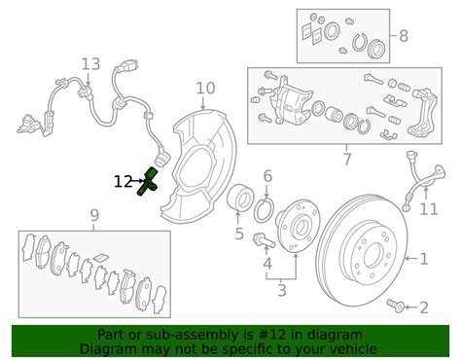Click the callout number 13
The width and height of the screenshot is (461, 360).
click(x=90, y=64)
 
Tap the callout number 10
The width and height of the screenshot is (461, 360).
click(x=205, y=89)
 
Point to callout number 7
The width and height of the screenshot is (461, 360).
click(x=346, y=158)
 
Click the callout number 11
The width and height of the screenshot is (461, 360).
click(x=429, y=209)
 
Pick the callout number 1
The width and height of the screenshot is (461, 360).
click(x=423, y=259)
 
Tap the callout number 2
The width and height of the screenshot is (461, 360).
click(x=423, y=308)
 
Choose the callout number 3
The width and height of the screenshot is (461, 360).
click(x=282, y=289)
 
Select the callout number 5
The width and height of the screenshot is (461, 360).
click(x=238, y=234)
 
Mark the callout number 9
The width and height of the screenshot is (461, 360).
click(x=93, y=214)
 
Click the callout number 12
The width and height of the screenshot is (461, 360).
click(x=123, y=181)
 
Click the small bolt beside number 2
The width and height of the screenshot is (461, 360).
click(x=395, y=306)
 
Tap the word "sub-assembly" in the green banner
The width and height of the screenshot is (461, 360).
click(x=187, y=335)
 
